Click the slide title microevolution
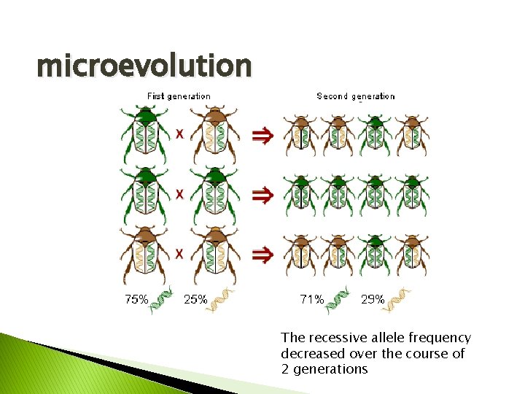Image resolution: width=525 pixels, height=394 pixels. [x=144, y=66]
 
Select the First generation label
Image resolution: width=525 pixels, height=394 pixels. [x=179, y=96]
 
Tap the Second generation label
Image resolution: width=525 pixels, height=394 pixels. [x=356, y=96]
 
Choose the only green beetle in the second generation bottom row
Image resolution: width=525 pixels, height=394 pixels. [x=376, y=255]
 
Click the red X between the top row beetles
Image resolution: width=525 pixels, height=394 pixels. [x=179, y=134]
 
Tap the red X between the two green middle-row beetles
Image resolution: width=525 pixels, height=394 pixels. [x=179, y=194]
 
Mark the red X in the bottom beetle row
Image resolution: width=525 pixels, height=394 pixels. [x=179, y=253]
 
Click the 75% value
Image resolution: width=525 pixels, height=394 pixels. [x=136, y=299]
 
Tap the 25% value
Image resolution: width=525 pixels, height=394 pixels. [x=195, y=299]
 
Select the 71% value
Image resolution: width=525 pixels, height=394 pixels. [x=312, y=299]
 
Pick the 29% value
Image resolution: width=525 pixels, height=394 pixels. [x=373, y=299]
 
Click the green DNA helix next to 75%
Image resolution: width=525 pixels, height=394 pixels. [x=162, y=301]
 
